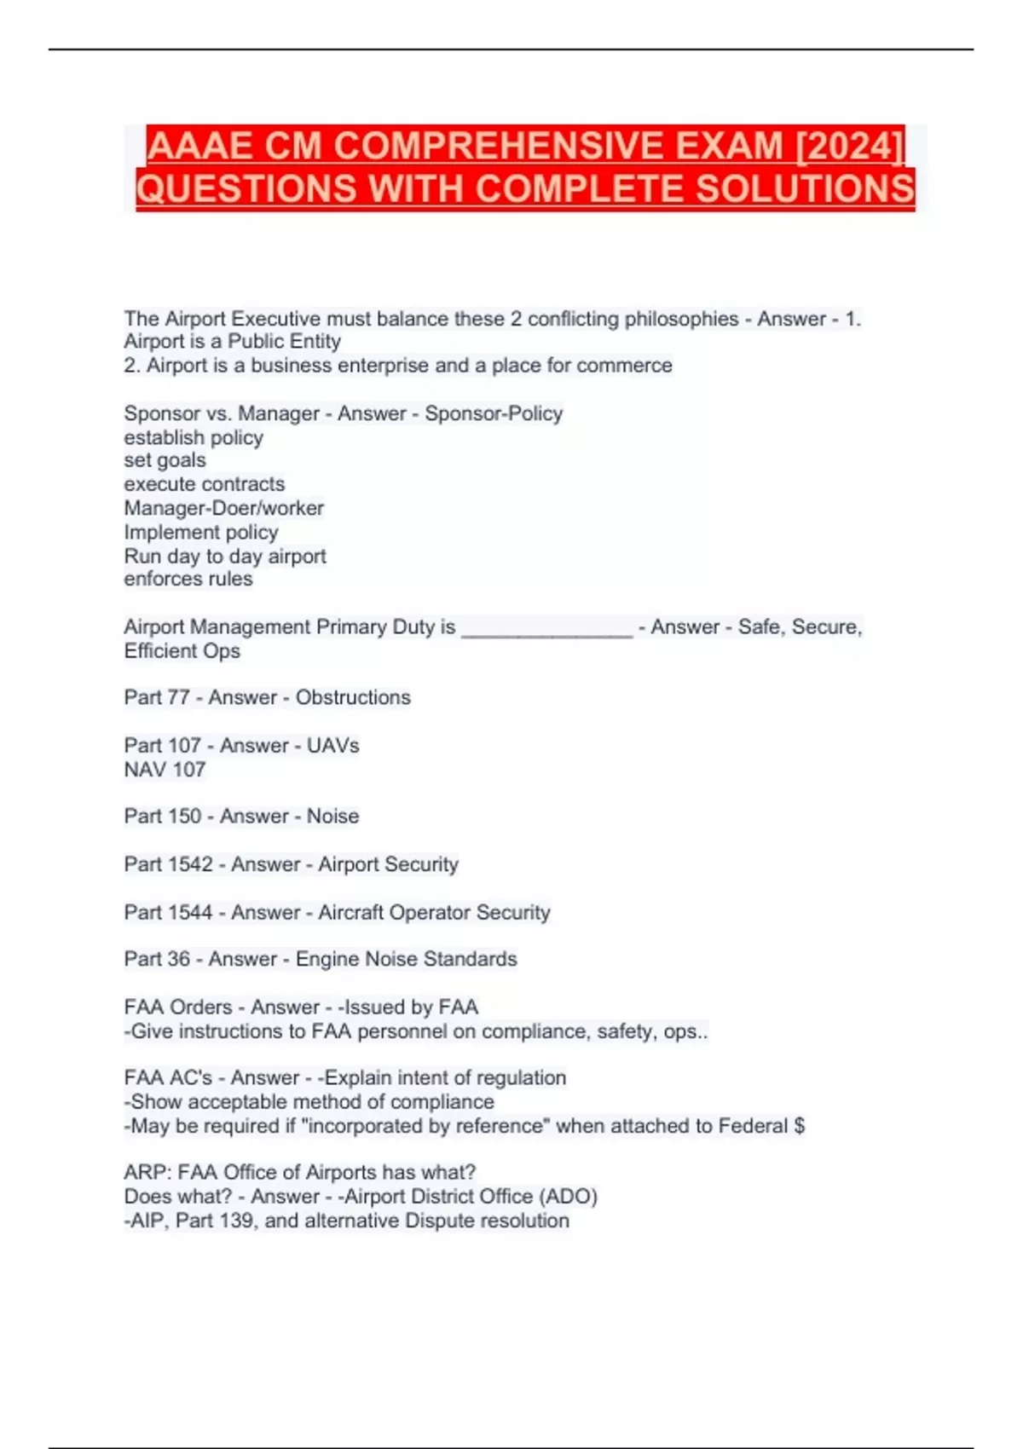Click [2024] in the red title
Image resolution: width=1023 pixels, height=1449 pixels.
(849, 146)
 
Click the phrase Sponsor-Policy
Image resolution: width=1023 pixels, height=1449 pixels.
(494, 413)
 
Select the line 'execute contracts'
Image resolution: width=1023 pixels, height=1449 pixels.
(205, 484)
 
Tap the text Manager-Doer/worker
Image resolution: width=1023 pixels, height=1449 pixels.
(223, 508)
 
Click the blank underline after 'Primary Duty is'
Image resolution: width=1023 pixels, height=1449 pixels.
(546, 629)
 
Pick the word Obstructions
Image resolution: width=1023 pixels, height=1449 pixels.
(353, 697)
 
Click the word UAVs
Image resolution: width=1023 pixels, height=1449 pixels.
(332, 746)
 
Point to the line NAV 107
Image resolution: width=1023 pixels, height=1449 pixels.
(165, 770)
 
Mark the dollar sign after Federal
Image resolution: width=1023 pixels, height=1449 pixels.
(799, 1126)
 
